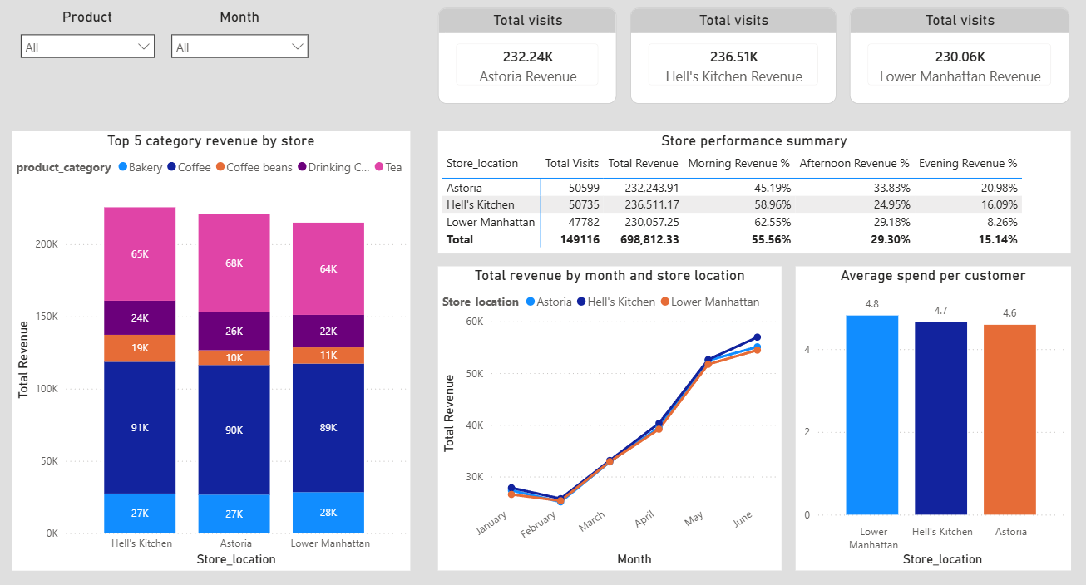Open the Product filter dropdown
[x=87, y=47]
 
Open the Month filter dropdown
[x=239, y=47]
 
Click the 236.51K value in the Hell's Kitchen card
[x=733, y=57]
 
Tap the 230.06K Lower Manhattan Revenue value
[x=960, y=57]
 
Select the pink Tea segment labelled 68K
[x=234, y=263]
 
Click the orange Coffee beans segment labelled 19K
[x=140, y=348]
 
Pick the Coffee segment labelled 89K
[x=328, y=428]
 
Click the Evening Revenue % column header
[x=968, y=164]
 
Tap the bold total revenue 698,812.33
[x=644, y=239]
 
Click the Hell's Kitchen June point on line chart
[x=757, y=337]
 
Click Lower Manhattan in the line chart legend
[x=714, y=302]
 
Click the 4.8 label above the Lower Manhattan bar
[x=871, y=304]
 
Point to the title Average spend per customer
[x=933, y=276]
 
